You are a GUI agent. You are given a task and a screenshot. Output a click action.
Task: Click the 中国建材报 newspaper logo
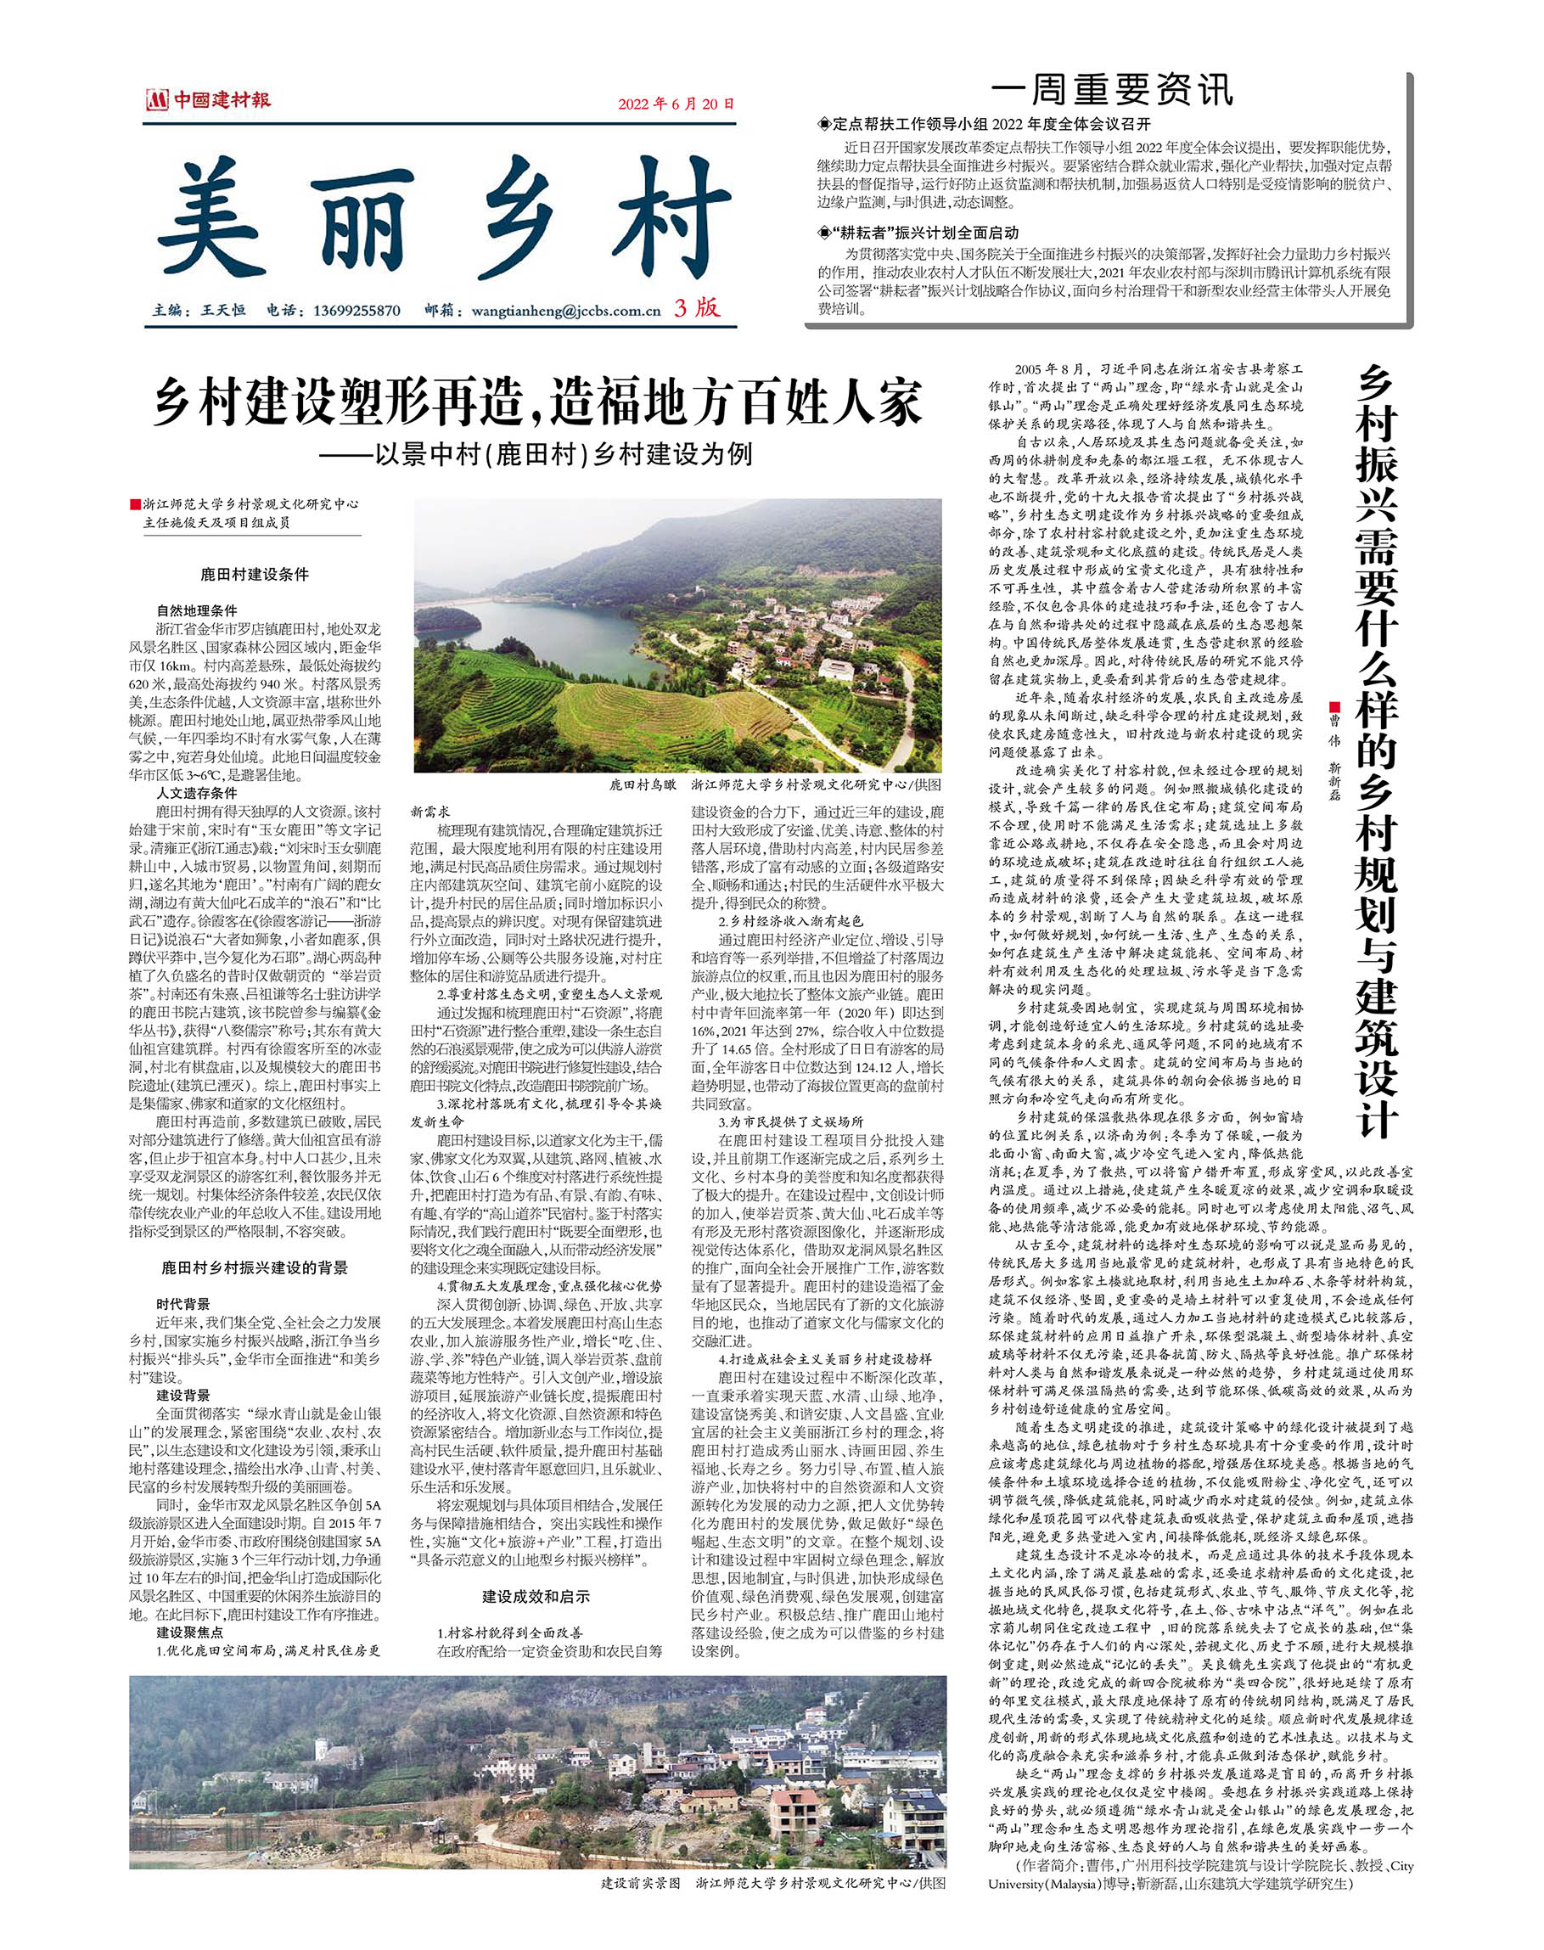pos(207,100)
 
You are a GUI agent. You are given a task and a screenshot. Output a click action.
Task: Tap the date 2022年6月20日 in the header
pos(676,103)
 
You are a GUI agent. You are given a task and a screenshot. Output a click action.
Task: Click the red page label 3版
pos(697,308)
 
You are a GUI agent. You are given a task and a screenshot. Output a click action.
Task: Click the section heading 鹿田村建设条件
pos(254,574)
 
